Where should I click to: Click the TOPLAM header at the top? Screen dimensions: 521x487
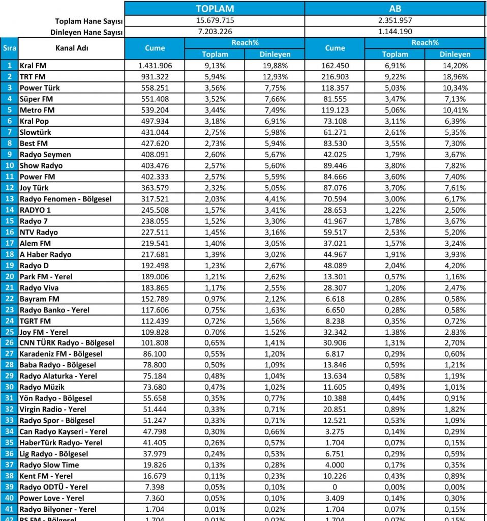(x=215, y=9)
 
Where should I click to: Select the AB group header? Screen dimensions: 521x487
(x=395, y=9)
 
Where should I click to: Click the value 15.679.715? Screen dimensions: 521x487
(x=215, y=21)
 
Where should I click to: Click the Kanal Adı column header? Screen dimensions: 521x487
(x=72, y=48)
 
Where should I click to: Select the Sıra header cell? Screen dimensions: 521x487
(x=9, y=48)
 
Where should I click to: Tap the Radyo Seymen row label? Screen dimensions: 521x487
(x=45, y=154)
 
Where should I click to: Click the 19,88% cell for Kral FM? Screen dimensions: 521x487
(x=275, y=66)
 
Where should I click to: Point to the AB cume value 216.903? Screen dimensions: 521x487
(x=335, y=77)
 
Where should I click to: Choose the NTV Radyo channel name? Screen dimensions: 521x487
(x=39, y=232)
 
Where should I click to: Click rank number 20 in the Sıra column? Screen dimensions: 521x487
(x=9, y=276)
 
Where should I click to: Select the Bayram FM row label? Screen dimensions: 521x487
(x=39, y=298)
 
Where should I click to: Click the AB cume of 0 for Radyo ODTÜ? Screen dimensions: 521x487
(x=335, y=487)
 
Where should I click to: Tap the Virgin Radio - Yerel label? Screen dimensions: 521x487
(x=53, y=409)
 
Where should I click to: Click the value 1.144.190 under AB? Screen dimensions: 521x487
(x=395, y=32)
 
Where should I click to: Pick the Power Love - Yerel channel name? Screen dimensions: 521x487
(x=52, y=498)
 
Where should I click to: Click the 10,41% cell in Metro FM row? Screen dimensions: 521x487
(x=455, y=110)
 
